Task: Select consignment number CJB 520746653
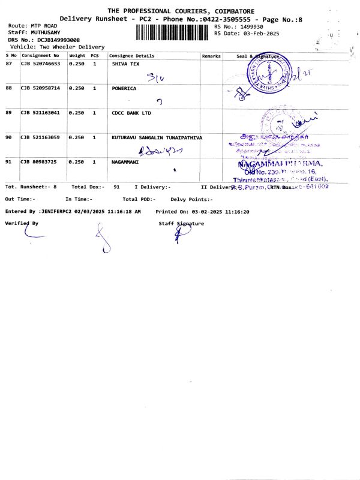tap(40, 63)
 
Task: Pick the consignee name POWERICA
tap(124, 88)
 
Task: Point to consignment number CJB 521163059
tap(40, 137)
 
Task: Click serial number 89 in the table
tap(8, 112)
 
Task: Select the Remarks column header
tap(211, 56)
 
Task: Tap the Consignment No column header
tap(40, 56)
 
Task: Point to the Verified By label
tap(22, 223)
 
